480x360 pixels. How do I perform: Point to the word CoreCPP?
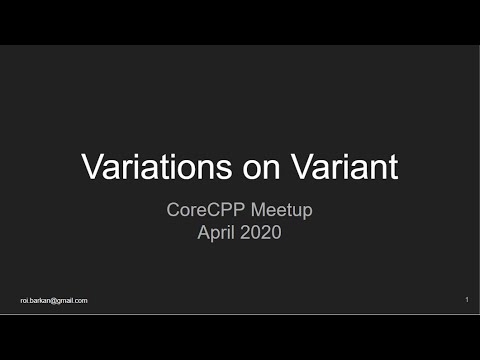coord(203,212)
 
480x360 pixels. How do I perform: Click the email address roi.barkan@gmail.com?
coord(54,300)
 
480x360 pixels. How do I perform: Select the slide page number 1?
coord(467,300)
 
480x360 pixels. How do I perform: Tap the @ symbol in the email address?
coord(58,300)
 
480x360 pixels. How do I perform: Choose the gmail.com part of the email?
coord(74,300)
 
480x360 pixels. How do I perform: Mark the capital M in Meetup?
coord(252,212)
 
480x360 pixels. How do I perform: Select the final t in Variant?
coord(393,166)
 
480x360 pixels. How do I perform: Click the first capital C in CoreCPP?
coord(172,212)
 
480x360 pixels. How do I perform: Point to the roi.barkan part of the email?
coord(38,300)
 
